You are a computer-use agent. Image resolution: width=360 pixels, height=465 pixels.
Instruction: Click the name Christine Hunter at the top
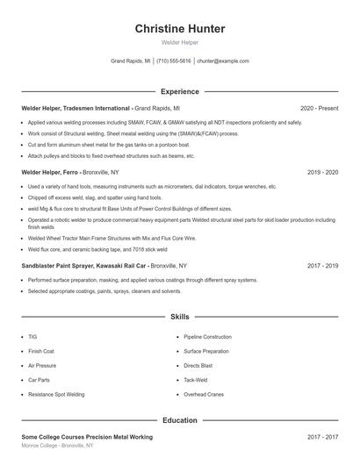point(180,29)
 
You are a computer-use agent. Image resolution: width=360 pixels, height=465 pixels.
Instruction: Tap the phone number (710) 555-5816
point(174,61)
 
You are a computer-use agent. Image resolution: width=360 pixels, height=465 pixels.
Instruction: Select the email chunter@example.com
point(223,61)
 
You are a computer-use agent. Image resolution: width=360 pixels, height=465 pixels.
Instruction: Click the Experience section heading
point(180,91)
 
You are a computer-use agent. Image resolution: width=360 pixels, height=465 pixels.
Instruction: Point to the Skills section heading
point(180,316)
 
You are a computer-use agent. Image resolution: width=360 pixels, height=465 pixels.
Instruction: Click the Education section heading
point(180,420)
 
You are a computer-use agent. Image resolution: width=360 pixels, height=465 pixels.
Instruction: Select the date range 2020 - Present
point(319,108)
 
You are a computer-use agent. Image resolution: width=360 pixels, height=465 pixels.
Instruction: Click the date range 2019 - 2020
point(322,172)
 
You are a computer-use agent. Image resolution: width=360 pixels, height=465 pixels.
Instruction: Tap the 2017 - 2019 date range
point(322,265)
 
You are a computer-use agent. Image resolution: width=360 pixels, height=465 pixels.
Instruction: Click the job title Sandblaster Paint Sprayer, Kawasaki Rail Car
point(84,265)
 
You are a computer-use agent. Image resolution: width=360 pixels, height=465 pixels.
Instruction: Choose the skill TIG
point(32,337)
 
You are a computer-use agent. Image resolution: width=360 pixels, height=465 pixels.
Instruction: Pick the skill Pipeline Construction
point(207,337)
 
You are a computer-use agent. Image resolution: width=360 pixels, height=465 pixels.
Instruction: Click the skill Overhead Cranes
point(204,395)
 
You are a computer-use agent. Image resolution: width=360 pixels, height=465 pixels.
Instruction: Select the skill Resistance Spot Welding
point(56,395)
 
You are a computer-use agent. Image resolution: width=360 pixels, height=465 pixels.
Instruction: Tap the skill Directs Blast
point(198,366)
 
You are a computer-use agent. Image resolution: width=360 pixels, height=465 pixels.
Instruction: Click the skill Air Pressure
point(41,366)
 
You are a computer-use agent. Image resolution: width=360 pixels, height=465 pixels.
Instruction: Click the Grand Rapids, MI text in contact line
point(131,61)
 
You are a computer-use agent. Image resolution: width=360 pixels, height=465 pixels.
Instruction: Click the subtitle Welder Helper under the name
point(180,42)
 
